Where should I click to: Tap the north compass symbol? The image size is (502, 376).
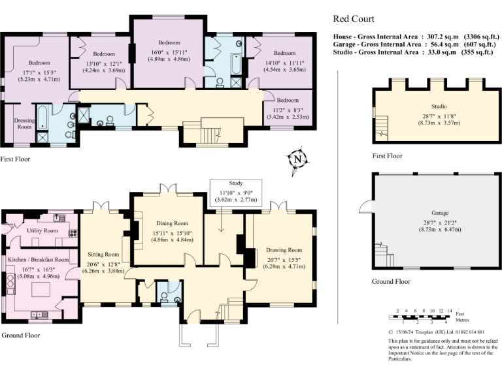(297, 159)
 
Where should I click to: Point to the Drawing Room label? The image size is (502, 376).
(284, 250)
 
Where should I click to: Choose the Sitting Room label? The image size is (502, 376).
(103, 254)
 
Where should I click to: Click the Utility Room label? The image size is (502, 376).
(42, 230)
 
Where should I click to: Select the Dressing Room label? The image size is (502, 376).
(24, 123)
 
